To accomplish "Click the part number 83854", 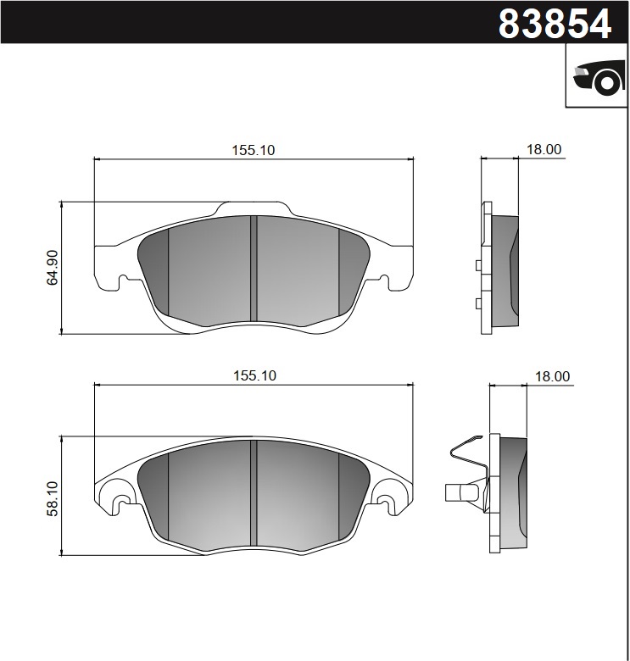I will (x=555, y=23).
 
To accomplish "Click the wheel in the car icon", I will (x=606, y=82).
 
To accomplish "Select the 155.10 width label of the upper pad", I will (x=254, y=150).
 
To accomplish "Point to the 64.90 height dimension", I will (x=53, y=267).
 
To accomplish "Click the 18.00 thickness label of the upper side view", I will (x=544, y=149).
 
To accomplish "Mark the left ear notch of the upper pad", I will (x=124, y=281).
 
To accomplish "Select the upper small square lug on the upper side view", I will (x=478, y=266).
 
